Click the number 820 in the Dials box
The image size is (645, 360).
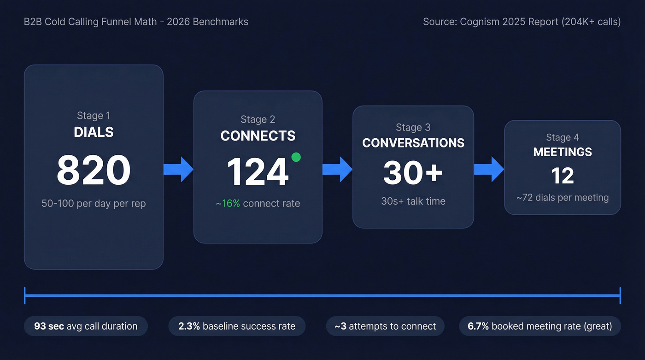coord(94,171)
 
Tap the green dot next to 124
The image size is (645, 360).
coord(296,157)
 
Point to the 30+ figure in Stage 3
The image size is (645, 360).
coord(413,172)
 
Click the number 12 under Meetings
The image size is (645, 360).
coord(563,176)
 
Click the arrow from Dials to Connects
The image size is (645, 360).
coord(178,169)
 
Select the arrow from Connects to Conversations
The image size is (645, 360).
coord(337,169)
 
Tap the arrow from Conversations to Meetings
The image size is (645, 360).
coord(489,169)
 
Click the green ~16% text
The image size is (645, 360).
coord(228,203)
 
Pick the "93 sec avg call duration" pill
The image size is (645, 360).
coord(86,326)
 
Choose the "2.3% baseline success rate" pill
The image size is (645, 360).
coord(237,326)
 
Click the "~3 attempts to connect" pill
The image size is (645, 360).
coord(385,326)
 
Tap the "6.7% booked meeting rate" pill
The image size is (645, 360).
coord(539,326)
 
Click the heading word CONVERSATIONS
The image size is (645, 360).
coord(413,143)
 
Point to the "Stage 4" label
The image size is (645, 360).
coord(563,137)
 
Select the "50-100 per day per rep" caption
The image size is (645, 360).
coord(94,203)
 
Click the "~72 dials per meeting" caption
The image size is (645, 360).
coord(563,198)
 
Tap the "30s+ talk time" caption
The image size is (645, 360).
coord(413,201)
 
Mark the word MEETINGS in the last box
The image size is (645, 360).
coord(563,152)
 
